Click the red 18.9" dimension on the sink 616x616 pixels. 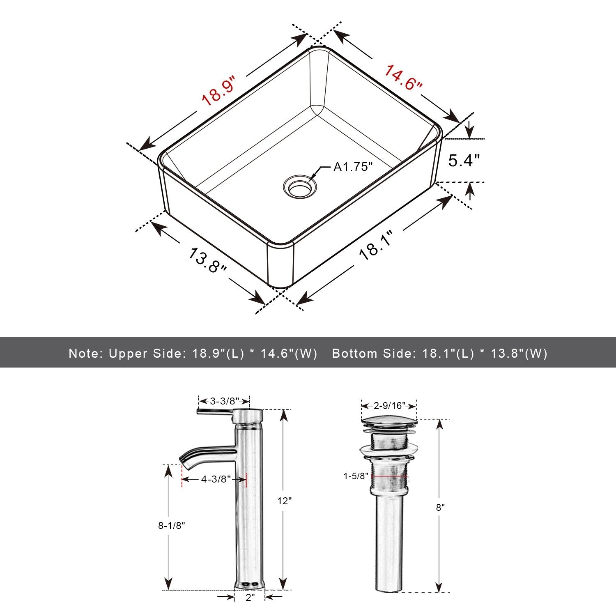click(x=218, y=91)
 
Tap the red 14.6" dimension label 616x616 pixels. click(x=402, y=78)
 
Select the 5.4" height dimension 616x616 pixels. click(x=464, y=160)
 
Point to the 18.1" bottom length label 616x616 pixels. click(x=376, y=245)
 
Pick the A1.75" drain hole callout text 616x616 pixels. click(x=353, y=167)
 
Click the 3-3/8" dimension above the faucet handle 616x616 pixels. click(x=224, y=401)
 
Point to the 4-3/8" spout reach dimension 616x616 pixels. click(x=216, y=479)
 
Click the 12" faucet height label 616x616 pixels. click(x=284, y=501)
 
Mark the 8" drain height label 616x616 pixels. click(x=440, y=507)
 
